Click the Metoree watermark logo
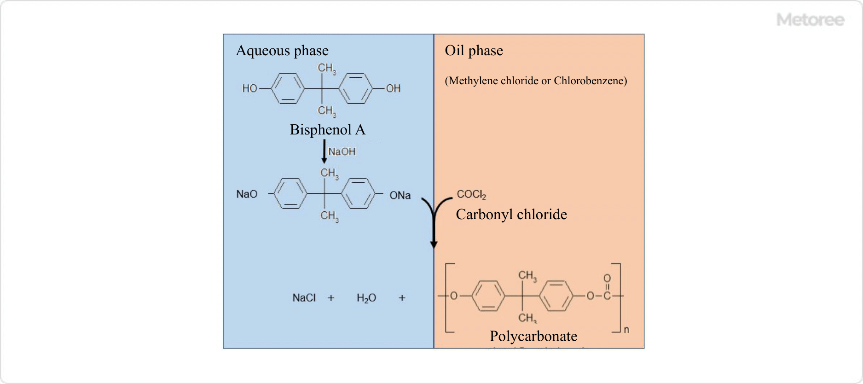[810, 20]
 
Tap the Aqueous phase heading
[282, 51]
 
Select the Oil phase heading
[474, 51]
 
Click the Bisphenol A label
[327, 130]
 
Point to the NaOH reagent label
[342, 151]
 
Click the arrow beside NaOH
[324, 151]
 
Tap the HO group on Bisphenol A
[250, 88]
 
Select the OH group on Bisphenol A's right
[393, 88]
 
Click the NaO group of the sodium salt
[247, 194]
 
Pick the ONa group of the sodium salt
[400, 195]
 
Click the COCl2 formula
[471, 195]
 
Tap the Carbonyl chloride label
[511, 215]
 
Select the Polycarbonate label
[533, 336]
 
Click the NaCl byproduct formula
[304, 298]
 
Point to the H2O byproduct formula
[366, 298]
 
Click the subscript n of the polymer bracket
[626, 330]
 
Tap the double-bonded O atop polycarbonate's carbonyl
[607, 278]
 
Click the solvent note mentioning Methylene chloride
[536, 81]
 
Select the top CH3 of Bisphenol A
[327, 69]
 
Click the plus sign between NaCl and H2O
[331, 298]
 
